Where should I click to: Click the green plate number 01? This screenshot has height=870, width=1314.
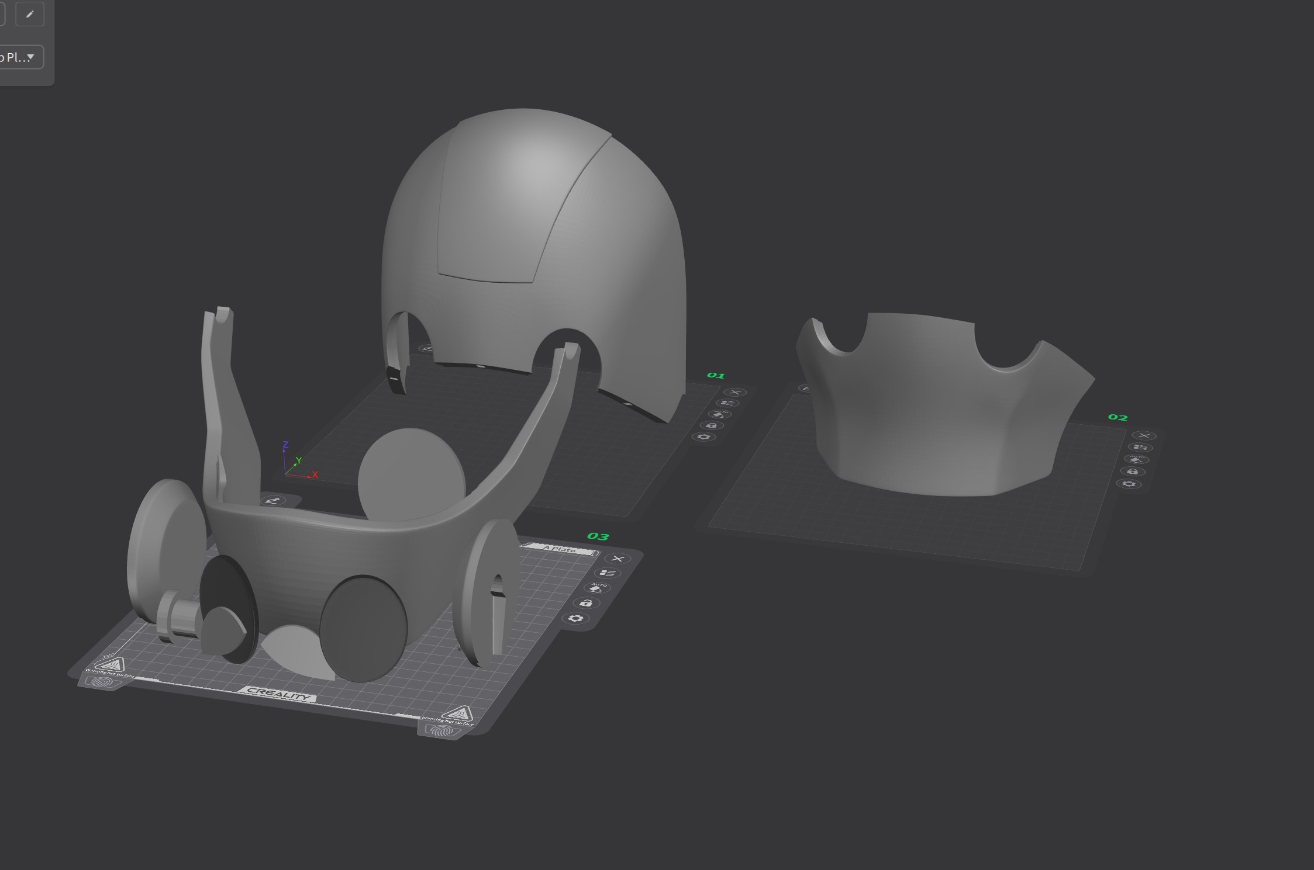click(716, 375)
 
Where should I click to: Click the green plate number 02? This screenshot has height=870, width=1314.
click(1118, 417)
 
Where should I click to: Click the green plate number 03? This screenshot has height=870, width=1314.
click(598, 536)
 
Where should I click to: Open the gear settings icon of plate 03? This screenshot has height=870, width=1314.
click(575, 619)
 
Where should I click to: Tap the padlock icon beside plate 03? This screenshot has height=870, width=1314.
click(586, 603)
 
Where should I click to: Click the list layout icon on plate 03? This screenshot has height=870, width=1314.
click(608, 573)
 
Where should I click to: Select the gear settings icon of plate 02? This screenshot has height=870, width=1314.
click(1129, 484)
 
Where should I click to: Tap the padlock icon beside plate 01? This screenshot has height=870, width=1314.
click(711, 425)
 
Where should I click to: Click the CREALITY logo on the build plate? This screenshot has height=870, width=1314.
click(278, 694)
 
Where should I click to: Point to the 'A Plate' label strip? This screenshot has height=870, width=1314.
click(559, 549)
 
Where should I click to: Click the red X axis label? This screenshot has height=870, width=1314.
click(315, 474)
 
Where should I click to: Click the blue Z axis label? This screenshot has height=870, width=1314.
click(285, 445)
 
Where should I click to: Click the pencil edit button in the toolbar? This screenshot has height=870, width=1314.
click(30, 14)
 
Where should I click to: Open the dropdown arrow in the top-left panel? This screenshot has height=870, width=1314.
click(30, 57)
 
